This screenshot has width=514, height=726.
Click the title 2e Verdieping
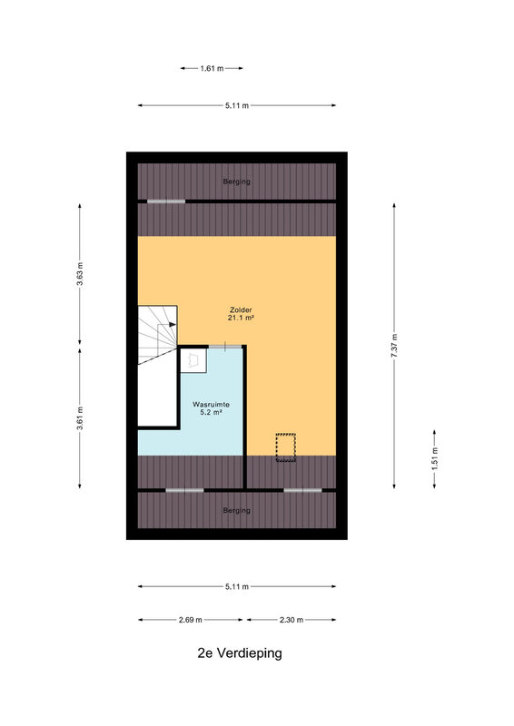pos(240,653)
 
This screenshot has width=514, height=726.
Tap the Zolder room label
pos(241,309)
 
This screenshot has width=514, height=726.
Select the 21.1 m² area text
pos(241,318)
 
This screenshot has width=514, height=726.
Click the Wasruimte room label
pos(212,404)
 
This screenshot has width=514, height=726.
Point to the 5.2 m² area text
pos(212,412)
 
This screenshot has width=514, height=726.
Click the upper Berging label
pos(237,181)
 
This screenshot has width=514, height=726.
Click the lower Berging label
pos(237,510)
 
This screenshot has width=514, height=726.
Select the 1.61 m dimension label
pos(212,69)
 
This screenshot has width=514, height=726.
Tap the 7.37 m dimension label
pos(394,346)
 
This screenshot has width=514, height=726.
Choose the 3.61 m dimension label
pos(80,418)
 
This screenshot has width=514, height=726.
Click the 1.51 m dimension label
pos(435,458)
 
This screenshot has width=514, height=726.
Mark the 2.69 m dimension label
pos(191,620)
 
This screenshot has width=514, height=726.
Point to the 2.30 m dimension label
pos(292,620)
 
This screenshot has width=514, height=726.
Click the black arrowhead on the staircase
pos(173,325)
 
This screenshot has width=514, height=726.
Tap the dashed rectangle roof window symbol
pos(286,447)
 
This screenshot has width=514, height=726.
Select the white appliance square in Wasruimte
pos(193,360)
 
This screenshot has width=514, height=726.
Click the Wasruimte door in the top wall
pos(225,347)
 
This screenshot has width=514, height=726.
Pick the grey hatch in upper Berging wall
pos(166,201)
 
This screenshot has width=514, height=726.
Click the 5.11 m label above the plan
pos(237,105)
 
